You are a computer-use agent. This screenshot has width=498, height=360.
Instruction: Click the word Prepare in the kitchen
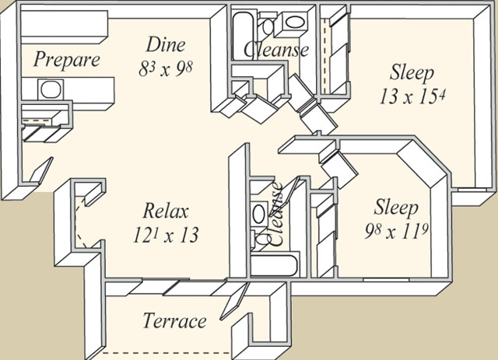coord(68,60)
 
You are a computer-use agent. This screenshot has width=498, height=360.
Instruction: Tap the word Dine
coord(166,44)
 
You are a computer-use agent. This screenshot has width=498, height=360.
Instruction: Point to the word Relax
coord(166,211)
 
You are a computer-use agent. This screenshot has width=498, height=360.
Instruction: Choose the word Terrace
coord(175,320)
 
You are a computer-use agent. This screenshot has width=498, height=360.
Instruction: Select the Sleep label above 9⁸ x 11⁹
coord(397,208)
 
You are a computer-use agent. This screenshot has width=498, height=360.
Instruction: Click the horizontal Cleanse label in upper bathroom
coord(277,50)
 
